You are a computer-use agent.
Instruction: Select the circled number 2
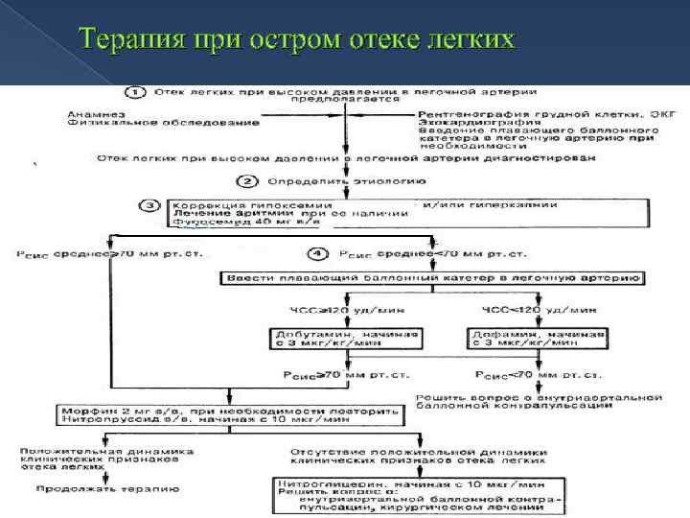(x=247, y=180)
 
